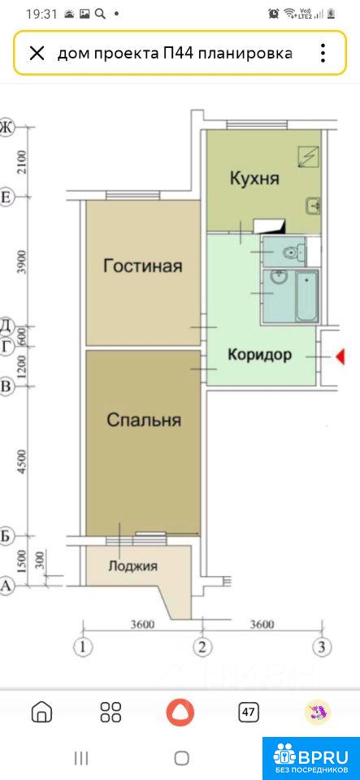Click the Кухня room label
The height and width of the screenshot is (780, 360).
click(254, 178)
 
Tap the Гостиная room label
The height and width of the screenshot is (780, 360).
click(143, 266)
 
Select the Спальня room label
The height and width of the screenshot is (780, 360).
click(144, 420)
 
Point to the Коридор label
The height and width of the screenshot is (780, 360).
click(259, 355)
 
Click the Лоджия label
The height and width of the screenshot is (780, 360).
click(133, 566)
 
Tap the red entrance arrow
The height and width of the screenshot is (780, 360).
click(340, 357)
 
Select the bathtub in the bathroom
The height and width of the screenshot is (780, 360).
click(306, 296)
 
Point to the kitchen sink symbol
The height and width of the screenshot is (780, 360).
click(312, 205)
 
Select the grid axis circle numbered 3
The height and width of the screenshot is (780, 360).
click(322, 648)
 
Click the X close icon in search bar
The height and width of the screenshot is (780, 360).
click(37, 53)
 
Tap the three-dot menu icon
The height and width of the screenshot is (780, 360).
click(323, 53)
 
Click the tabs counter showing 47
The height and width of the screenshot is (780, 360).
click(248, 712)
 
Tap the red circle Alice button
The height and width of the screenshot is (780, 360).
click(180, 712)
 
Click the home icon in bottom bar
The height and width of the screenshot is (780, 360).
click(41, 712)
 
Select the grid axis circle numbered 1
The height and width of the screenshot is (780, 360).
click(83, 648)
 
